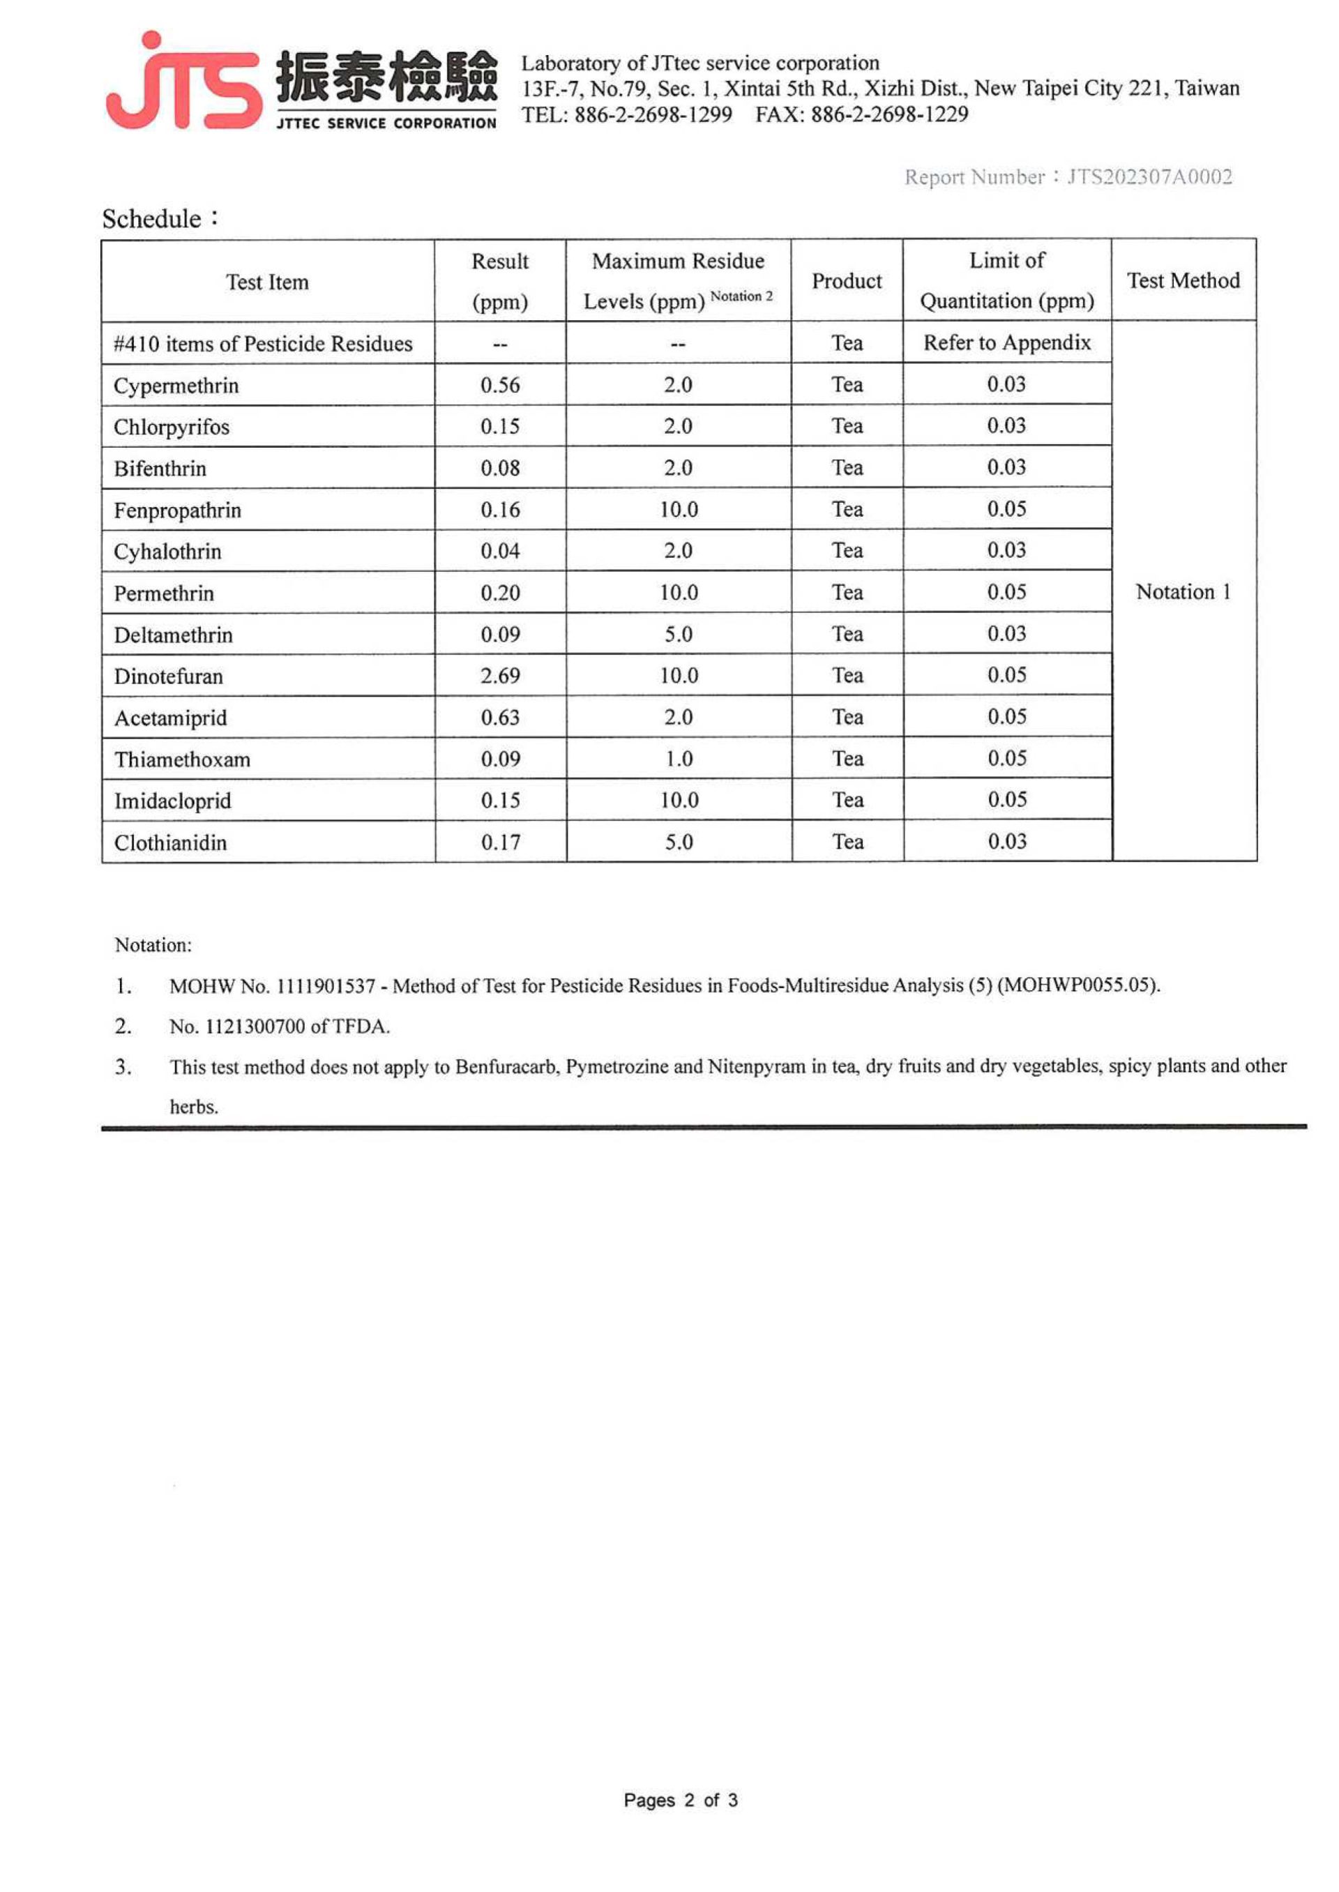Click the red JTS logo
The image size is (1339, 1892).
point(183,82)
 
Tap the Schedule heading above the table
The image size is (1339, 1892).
point(153,219)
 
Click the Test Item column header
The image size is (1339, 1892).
point(267,282)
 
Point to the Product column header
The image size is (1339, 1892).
point(847,281)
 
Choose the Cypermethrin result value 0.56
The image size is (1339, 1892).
point(499,385)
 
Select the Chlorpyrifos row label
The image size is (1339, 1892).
point(172,427)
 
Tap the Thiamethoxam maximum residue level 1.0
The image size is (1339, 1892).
point(679,759)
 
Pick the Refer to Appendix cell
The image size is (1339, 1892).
point(1007,343)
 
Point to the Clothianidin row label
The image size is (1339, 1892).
point(171,842)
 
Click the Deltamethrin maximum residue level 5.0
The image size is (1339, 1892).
point(679,635)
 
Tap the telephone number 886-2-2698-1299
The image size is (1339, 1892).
point(653,114)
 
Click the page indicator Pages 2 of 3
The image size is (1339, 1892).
point(680,1801)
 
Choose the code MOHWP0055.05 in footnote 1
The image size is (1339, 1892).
point(1077,986)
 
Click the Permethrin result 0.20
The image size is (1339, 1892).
point(499,593)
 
